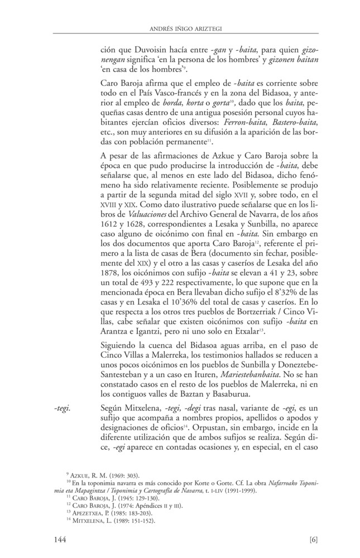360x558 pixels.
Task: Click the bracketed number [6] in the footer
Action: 313,539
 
